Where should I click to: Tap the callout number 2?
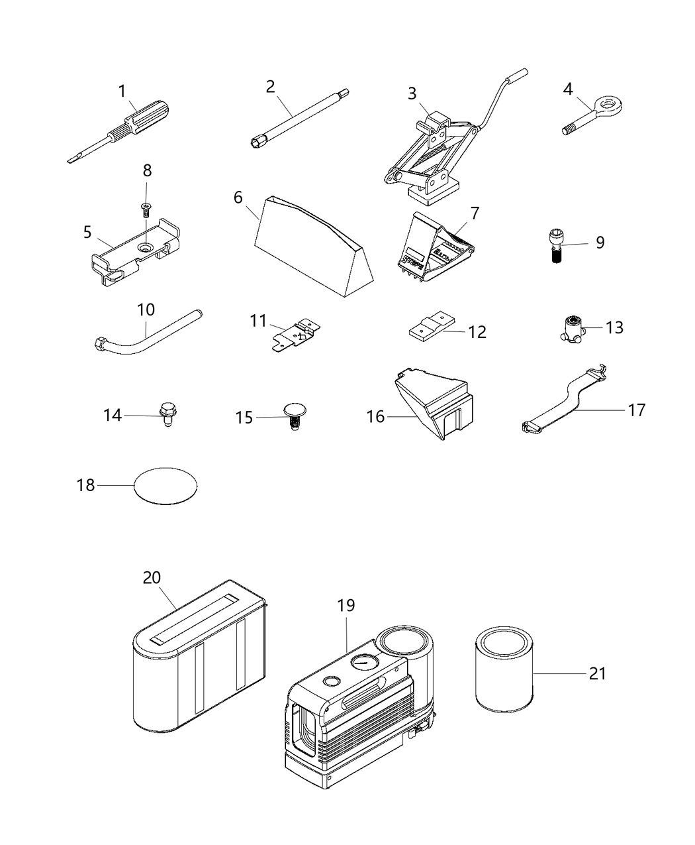[270, 86]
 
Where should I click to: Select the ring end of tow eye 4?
[603, 105]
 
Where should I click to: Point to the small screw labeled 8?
[146, 210]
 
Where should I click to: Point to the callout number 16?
[375, 416]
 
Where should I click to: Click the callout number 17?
[636, 410]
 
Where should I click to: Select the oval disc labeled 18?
[165, 486]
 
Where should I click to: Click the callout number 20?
[152, 577]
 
